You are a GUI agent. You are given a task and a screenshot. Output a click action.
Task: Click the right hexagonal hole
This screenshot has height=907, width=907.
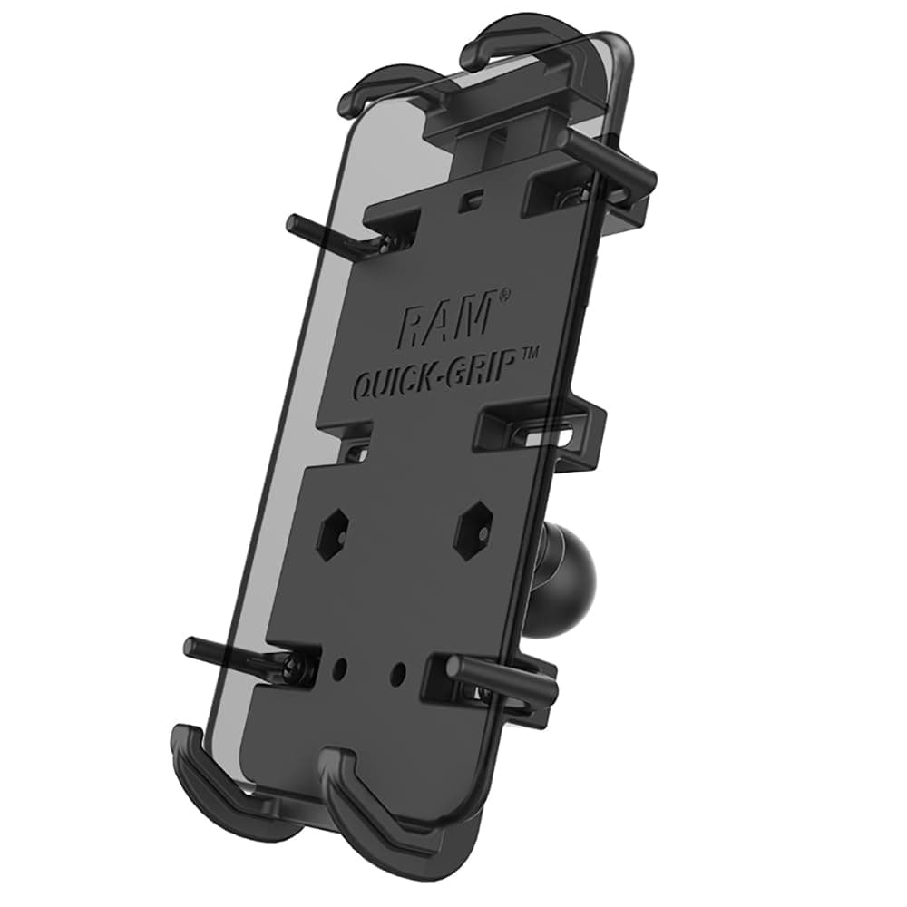pos(473,526)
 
